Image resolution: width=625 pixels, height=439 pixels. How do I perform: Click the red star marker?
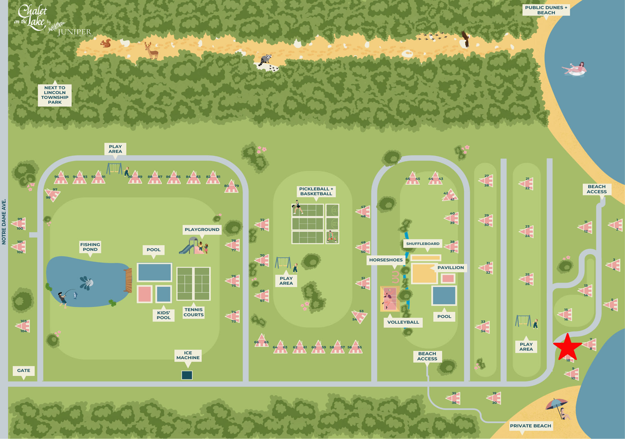pos(567,347)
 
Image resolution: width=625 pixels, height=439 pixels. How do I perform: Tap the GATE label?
pos(24,371)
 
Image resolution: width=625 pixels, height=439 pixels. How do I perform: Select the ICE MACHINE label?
pos(188,355)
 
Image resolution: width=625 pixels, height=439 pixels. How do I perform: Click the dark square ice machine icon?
pos(187,375)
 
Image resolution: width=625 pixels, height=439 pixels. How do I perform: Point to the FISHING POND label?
pos(90,247)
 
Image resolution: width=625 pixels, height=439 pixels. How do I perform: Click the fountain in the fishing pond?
pos(87,283)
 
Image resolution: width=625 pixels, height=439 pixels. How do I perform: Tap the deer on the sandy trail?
pos(151,51)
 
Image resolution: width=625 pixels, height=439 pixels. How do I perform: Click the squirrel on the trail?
pos(106,43)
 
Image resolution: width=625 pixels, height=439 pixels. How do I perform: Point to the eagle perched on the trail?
pos(465,39)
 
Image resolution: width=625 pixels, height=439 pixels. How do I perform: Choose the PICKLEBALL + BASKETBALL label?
pos(316,191)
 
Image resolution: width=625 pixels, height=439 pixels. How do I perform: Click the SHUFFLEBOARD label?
pos(422,244)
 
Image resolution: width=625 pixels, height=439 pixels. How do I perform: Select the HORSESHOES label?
pos(386,260)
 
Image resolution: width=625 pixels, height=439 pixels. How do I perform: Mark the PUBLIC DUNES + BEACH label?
pos(546,10)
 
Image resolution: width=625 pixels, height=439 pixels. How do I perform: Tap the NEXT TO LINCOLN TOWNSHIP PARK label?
pos(55,95)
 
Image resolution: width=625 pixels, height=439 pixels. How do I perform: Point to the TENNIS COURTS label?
pos(193,312)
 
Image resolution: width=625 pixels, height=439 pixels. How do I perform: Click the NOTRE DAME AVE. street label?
pos(4,222)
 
